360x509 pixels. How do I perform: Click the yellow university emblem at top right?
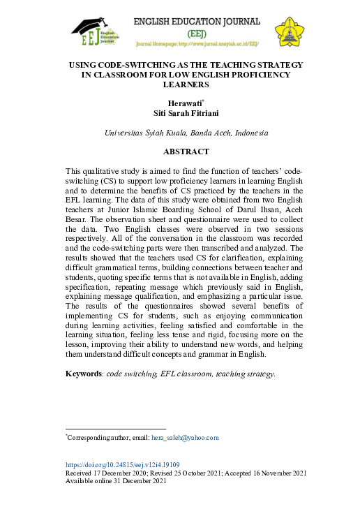point(288,30)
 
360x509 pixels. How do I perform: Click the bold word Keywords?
point(84,374)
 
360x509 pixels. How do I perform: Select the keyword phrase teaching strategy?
point(249,374)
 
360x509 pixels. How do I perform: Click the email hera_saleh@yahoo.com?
point(185,437)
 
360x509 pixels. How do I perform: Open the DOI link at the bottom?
point(122,464)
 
